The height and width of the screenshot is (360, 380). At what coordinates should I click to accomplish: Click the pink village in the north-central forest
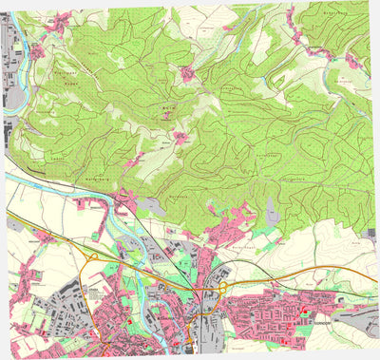click(189, 73)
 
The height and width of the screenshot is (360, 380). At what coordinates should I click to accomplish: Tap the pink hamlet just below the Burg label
click(180, 138)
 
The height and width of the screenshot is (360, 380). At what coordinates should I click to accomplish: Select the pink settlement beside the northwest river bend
click(38, 52)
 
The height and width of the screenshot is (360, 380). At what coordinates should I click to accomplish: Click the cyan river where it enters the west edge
click(9, 176)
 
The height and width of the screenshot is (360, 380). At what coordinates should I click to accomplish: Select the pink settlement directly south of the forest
click(233, 226)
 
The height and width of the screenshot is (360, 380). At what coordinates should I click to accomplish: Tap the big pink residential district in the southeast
click(275, 313)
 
